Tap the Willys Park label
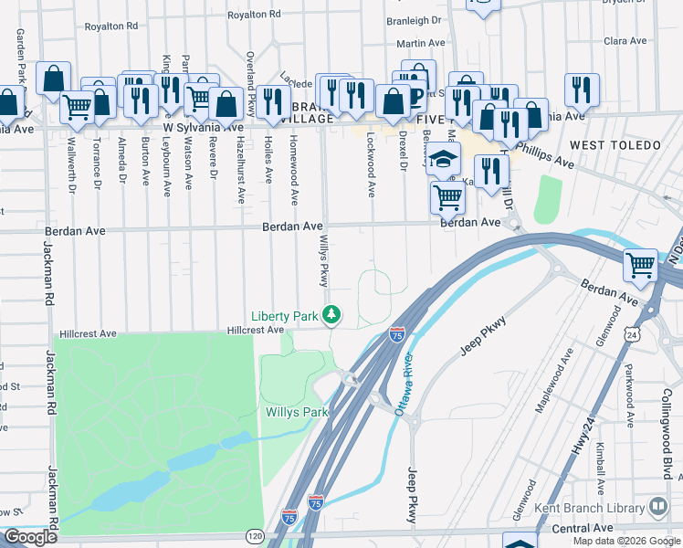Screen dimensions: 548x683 point(296,412)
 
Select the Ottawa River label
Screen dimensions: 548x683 point(405,384)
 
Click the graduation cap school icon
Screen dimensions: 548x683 point(443,161)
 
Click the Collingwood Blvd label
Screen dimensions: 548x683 point(667,433)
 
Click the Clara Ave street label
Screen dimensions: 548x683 point(625,41)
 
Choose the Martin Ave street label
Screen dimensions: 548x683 point(419,43)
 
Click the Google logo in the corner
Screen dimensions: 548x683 point(30,537)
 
